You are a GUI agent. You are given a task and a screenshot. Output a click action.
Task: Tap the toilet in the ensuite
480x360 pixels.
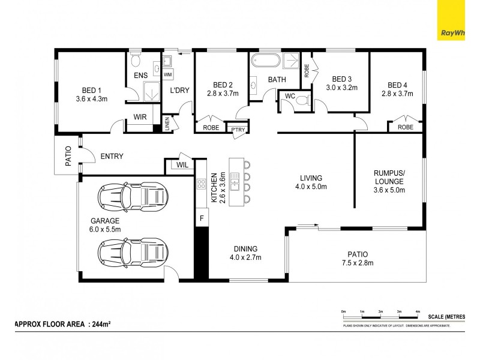pyautogui.click(x=136, y=61)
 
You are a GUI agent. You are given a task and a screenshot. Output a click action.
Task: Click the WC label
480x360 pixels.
pyautogui.click(x=290, y=96)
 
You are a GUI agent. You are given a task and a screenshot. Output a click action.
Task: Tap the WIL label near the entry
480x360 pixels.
pyautogui.click(x=181, y=165)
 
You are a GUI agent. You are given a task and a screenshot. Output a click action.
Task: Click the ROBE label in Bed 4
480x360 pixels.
pyautogui.click(x=406, y=127)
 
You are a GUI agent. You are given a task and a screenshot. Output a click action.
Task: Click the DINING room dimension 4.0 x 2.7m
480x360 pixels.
pyautogui.click(x=245, y=258)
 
